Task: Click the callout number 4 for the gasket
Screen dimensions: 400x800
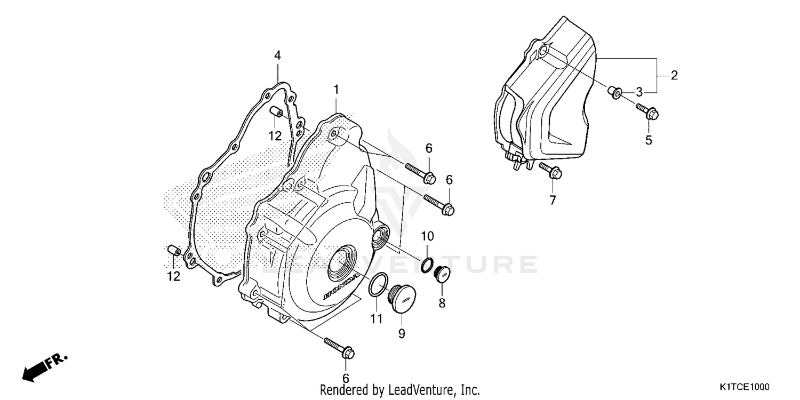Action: [x=277, y=55]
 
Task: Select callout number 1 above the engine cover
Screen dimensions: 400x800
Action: [x=336, y=90]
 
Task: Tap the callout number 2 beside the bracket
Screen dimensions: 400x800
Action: [x=674, y=75]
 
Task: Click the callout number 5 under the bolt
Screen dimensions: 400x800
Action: [x=649, y=140]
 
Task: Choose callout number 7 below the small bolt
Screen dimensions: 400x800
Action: [x=553, y=200]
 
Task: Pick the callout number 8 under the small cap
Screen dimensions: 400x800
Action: [x=442, y=303]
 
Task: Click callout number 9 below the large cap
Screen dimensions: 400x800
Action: [x=402, y=333]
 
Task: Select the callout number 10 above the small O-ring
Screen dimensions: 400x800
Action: [x=428, y=236]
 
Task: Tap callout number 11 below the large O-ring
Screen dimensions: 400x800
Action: [x=377, y=319]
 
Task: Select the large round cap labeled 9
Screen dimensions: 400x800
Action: [x=404, y=300]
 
